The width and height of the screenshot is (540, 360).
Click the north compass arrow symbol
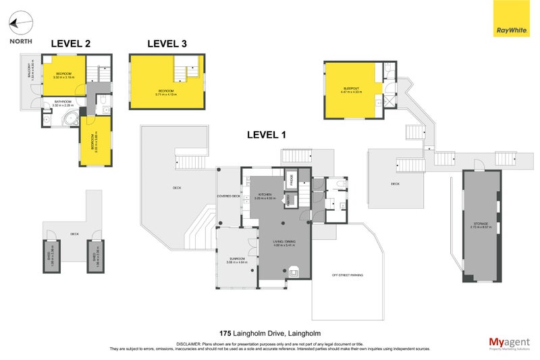20,24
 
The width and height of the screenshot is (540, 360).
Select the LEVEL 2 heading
70,44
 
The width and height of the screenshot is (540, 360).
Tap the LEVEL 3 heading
167,44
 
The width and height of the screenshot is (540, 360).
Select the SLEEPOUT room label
352,88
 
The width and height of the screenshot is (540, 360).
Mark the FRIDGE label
292,180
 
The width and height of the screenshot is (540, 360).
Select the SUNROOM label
236,259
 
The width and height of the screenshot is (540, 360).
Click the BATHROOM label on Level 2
64,102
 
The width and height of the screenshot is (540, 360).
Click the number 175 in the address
226,333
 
